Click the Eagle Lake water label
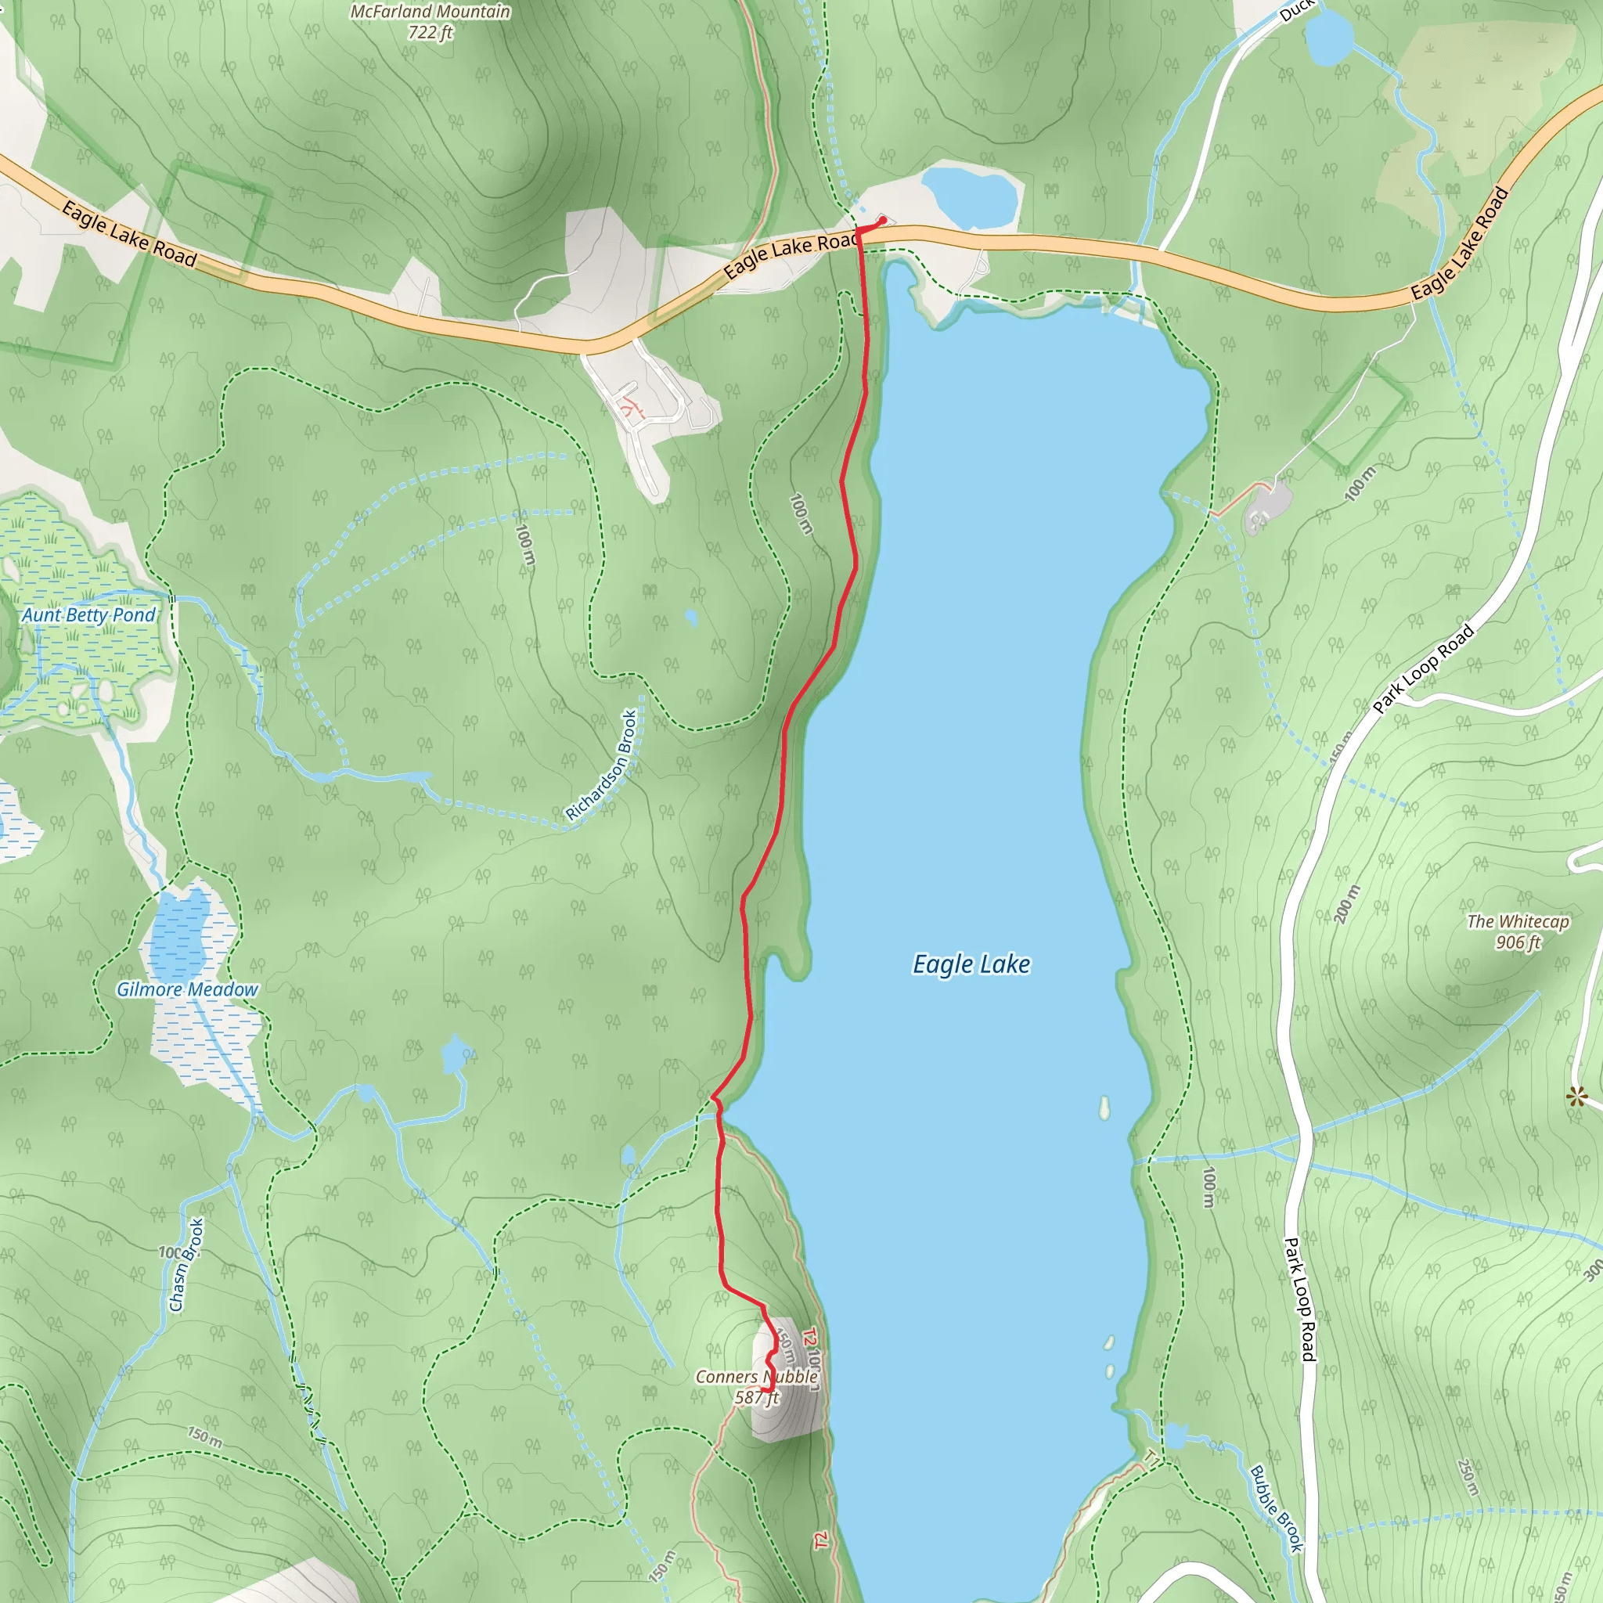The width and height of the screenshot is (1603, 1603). pos(971,964)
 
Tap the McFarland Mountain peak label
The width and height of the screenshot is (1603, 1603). pos(430,12)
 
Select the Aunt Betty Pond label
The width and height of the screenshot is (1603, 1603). pos(88,614)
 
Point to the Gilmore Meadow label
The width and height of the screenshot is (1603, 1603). pos(187,990)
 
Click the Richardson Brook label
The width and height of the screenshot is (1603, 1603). pos(602,765)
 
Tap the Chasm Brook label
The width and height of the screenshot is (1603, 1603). pos(187,1266)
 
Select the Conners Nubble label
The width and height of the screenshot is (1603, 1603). pos(756,1377)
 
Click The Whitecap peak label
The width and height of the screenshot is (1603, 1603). pos(1518,921)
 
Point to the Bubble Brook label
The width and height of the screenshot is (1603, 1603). pos(1276,1508)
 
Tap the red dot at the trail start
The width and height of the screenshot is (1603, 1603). pos(883,220)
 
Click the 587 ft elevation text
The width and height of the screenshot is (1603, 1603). pos(756,1397)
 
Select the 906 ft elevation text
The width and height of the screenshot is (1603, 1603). pos(1518,942)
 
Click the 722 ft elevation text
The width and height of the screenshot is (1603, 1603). pos(430,32)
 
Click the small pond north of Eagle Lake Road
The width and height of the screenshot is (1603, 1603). pos(969,195)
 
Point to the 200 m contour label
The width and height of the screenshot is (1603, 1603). pos(1348,904)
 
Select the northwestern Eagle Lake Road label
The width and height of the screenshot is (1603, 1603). pos(128,235)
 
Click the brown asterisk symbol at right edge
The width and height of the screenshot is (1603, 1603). pos(1576,1097)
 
